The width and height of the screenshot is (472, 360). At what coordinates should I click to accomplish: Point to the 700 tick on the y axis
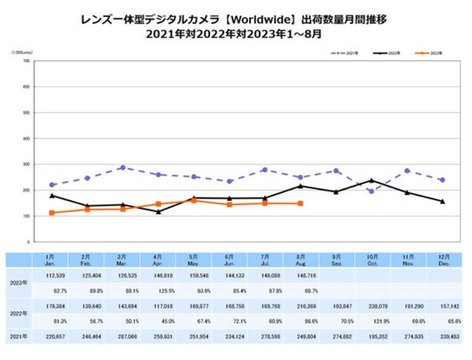point(27,61)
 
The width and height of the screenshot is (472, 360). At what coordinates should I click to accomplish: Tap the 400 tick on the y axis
point(27,138)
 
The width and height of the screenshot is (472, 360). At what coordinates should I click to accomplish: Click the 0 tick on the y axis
point(28,241)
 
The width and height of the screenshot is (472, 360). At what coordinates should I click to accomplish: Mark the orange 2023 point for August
point(301,204)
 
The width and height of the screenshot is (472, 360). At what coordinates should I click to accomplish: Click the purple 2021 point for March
point(123,167)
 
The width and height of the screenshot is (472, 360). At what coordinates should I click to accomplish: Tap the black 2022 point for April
point(158,211)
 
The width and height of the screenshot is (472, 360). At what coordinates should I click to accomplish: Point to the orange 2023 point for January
point(52,213)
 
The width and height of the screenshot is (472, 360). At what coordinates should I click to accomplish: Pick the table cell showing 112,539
point(52,276)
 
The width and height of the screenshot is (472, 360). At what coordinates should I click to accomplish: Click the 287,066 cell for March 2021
point(123,336)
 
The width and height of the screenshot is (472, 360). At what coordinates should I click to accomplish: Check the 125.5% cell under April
point(158,290)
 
